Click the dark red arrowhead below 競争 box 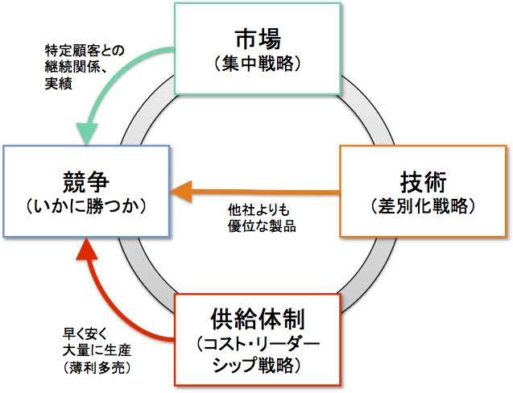[x=86, y=254]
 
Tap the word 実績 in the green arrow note [x=56, y=83]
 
